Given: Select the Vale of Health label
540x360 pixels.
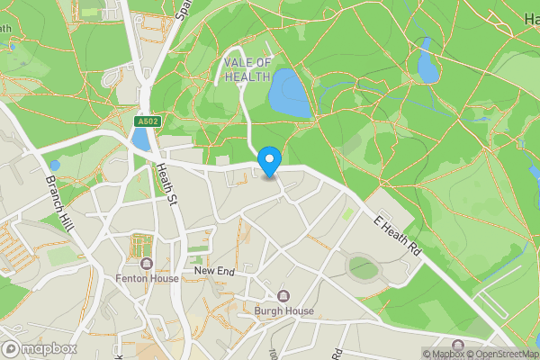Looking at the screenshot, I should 246,69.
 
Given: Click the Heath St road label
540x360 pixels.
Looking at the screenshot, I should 168,180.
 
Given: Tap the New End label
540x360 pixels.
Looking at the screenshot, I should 214,270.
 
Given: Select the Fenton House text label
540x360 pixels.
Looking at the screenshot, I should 147,278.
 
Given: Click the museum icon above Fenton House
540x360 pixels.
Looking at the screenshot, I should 147,264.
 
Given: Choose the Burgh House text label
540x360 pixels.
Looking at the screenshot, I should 283,311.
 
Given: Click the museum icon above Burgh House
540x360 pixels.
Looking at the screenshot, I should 283,296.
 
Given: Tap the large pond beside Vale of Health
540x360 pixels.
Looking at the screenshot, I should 290,94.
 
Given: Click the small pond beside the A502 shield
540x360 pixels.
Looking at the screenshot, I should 140,139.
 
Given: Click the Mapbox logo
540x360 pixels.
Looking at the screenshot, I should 40,348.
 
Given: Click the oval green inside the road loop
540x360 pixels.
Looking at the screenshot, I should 364,266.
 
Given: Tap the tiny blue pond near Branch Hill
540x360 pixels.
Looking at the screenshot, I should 55,166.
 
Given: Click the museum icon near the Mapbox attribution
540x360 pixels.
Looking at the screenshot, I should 457,346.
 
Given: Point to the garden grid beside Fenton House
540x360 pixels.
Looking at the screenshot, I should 141,245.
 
